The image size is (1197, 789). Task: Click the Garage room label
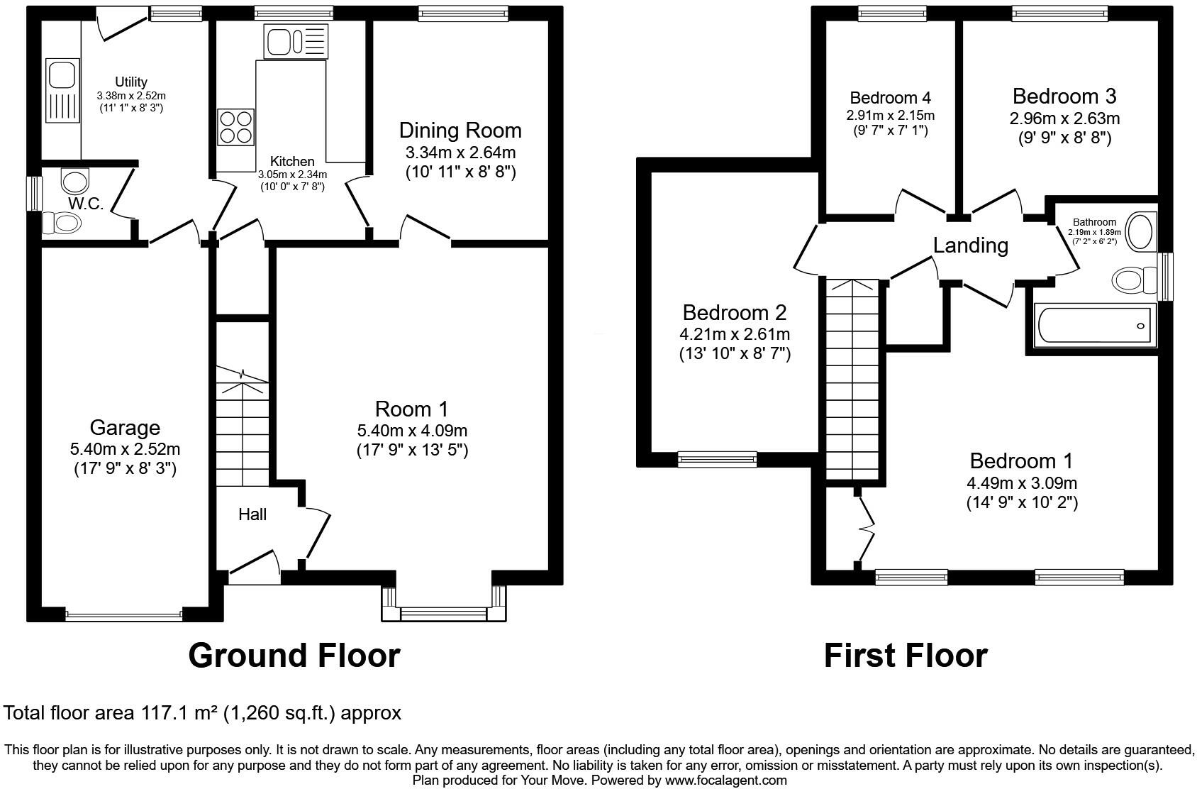[x=125, y=428]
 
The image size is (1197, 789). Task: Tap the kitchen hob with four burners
[x=235, y=127]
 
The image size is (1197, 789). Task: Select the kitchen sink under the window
[x=296, y=41]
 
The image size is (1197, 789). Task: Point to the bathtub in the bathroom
[x=1096, y=325]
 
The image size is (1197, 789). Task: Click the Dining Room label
[x=460, y=131]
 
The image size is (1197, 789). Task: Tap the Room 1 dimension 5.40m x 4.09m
[x=412, y=430]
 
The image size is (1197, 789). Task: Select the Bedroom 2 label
[x=735, y=312]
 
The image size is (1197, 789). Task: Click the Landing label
[x=970, y=245]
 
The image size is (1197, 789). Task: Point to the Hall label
[x=252, y=514]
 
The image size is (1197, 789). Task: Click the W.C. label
[x=86, y=204]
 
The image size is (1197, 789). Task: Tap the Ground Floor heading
[x=294, y=656]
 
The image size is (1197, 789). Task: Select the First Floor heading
[x=906, y=656]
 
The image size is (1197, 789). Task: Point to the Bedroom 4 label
[x=890, y=98]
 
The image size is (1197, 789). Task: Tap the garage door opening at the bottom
[x=124, y=616]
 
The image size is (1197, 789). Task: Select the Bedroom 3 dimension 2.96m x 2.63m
[x=1064, y=118]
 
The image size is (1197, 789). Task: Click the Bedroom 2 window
[x=717, y=459]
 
